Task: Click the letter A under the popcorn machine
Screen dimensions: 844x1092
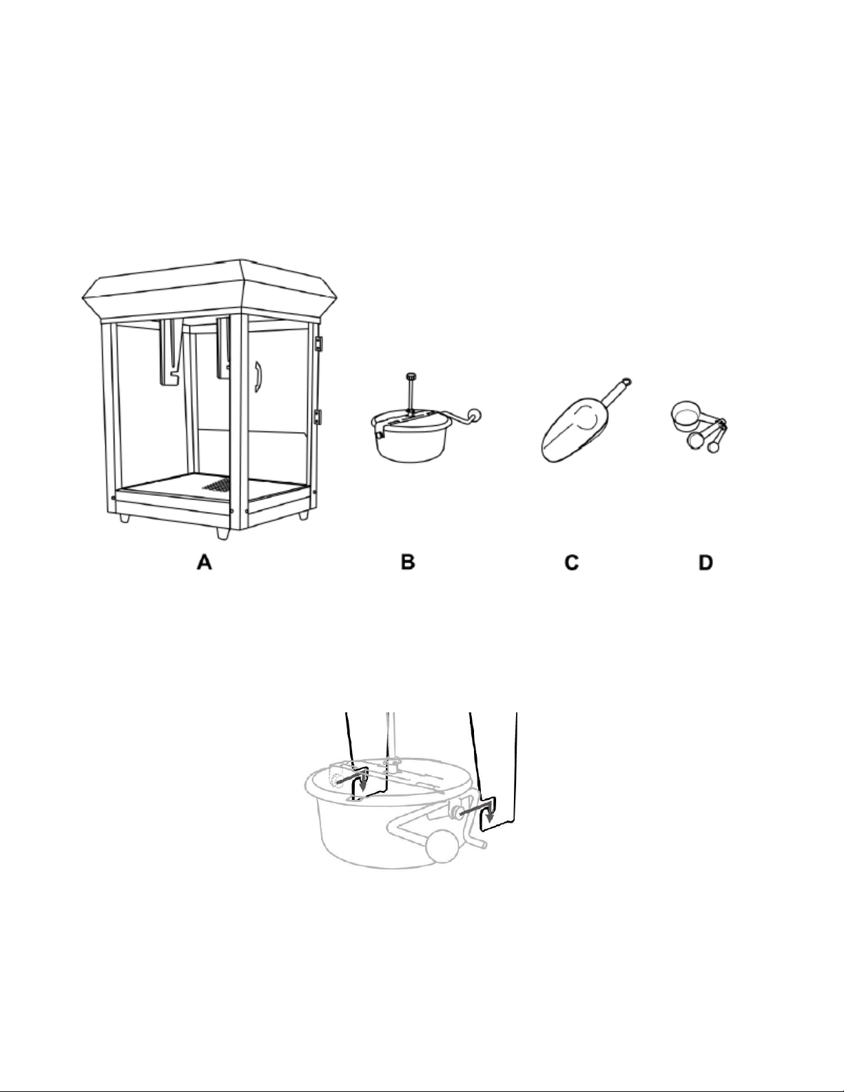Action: click(x=205, y=562)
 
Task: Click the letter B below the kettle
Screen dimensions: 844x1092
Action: click(x=408, y=562)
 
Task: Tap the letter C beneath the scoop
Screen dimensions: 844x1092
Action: click(x=572, y=562)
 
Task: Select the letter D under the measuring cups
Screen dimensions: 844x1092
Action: click(x=706, y=562)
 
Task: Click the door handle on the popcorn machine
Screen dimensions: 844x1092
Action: click(x=258, y=376)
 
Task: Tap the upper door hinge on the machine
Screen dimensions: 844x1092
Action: click(x=318, y=343)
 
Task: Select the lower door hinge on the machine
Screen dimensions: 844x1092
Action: click(x=318, y=417)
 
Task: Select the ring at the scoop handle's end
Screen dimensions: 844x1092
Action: click(x=626, y=382)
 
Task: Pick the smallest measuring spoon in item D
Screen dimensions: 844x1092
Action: click(x=712, y=445)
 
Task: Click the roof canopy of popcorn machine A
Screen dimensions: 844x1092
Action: click(x=209, y=291)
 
